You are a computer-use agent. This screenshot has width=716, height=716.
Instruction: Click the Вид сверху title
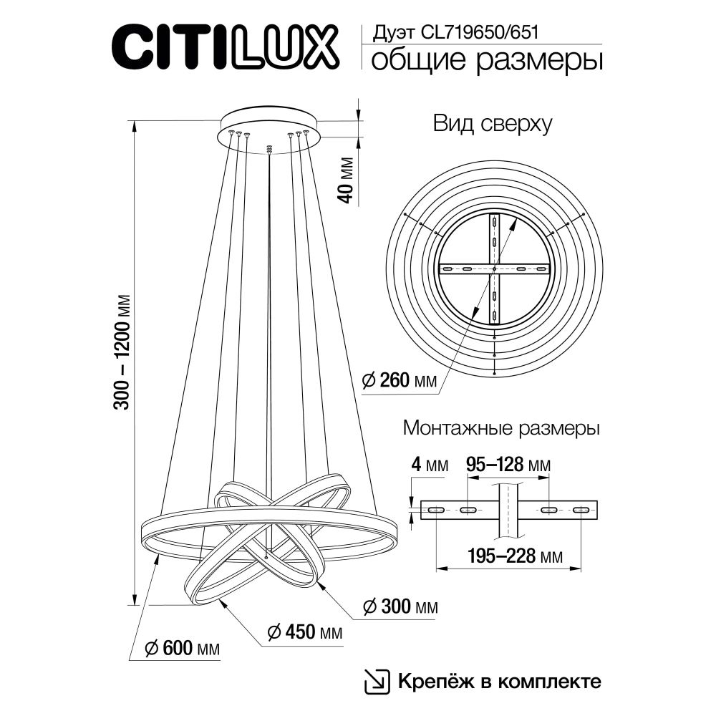492,124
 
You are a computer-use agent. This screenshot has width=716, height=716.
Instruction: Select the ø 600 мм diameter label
182,649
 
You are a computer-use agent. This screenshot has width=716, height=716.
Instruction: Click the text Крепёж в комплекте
498,680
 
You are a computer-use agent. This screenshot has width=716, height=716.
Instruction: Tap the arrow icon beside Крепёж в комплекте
377,680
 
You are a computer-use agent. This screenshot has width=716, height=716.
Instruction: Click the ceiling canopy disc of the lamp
269,122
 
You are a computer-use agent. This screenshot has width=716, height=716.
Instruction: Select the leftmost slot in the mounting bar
435,510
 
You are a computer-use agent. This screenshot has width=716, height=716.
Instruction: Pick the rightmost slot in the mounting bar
581,510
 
